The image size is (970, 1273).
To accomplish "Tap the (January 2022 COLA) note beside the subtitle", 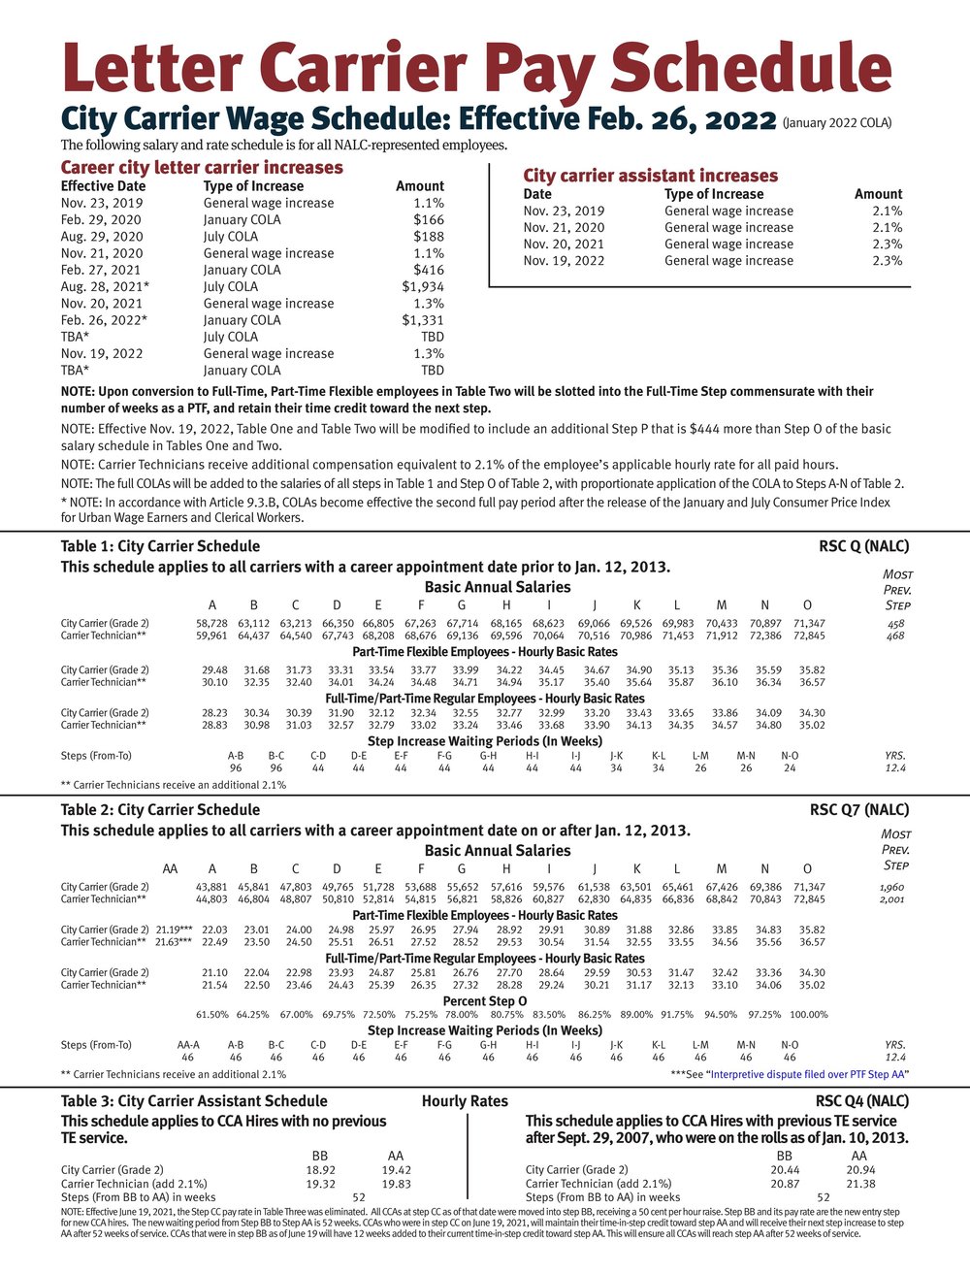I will coord(836,122).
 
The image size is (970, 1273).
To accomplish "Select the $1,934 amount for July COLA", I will coord(423,286).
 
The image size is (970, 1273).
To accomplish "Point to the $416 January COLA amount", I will coord(429,270).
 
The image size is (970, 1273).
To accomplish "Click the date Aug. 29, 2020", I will coord(102,236).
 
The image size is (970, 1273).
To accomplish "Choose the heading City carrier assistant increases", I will coord(650,176).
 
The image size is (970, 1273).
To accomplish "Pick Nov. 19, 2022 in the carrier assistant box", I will coord(564,260).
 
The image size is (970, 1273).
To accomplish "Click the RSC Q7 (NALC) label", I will coord(859,809).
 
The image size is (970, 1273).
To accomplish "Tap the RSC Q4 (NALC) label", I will coord(862,1100).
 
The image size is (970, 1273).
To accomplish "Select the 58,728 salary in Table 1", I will coord(211,623).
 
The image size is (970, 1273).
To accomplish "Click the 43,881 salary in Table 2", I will coord(211,887).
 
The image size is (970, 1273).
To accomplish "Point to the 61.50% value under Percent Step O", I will coord(211,1014).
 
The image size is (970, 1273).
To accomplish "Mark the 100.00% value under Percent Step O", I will coord(808,1014).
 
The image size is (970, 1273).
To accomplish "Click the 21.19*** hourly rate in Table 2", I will coord(175,930).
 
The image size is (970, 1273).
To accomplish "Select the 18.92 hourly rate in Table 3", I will coord(320,1170).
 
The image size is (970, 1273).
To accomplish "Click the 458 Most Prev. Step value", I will coord(895,623).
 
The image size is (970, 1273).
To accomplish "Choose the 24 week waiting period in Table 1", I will coord(790,767).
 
